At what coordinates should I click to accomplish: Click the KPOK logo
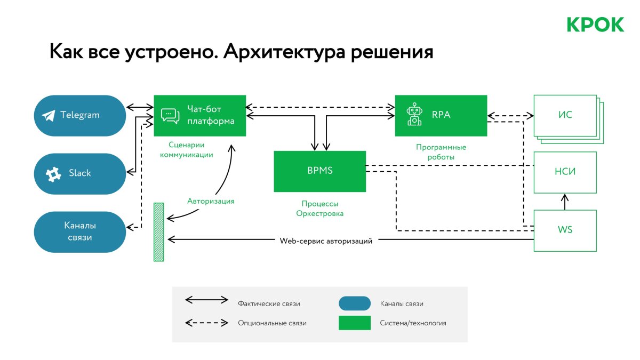pos(595,25)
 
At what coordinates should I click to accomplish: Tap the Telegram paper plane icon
pos(49,115)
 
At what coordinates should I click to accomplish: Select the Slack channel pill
pos(79,173)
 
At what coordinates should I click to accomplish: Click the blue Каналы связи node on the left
pos(79,232)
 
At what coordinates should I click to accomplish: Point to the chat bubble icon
pos(170,116)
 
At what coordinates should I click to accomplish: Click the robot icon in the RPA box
pos(414,115)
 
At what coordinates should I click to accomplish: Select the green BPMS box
pos(319,171)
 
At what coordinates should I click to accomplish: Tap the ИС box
pos(565,115)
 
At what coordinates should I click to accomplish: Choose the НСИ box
pos(565,172)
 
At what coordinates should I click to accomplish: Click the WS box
pos(565,230)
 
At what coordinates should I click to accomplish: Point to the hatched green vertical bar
pos(158,232)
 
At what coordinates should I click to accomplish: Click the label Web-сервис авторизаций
pos(326,241)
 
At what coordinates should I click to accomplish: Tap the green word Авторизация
pos(211,201)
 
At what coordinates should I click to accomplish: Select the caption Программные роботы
pos(441,152)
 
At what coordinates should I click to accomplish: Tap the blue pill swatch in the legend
pos(355,303)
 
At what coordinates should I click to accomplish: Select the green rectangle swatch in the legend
pos(355,323)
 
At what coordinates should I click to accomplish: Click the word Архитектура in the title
pos(282,52)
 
